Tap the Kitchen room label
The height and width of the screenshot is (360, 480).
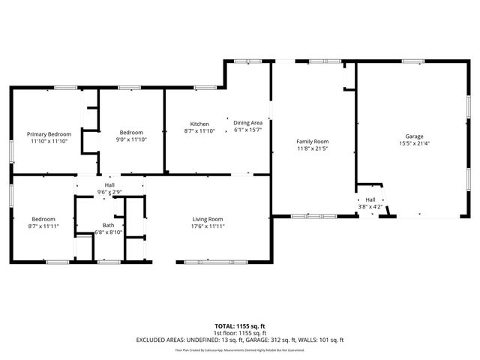pos(199,123)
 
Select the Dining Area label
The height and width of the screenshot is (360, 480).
pos(247,123)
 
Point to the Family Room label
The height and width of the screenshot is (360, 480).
pos(313,141)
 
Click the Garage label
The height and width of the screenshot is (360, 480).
pos(414,136)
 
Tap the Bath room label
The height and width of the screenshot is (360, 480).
pos(109,225)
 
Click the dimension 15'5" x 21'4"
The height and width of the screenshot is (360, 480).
pos(414,143)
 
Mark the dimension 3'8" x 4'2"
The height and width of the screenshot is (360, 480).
pos(370,207)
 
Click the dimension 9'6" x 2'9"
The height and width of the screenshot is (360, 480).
pos(109,193)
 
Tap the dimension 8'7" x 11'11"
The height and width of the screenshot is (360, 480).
pos(43,226)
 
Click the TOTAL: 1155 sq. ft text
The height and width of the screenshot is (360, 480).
pos(240,326)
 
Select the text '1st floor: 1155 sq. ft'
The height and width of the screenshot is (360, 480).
pos(240,333)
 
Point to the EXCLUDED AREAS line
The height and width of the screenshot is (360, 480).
pos(240,340)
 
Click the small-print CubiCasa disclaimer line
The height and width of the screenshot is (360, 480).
pos(240,349)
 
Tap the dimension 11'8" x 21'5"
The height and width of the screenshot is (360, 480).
pos(313,148)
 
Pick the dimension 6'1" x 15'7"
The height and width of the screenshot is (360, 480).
pos(247,130)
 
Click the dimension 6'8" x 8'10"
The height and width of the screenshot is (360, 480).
pos(109,232)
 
